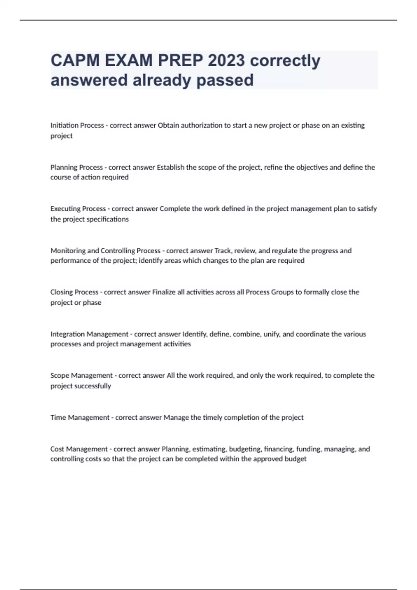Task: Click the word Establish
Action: click(x=171, y=167)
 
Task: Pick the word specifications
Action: click(x=108, y=219)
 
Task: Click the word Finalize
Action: click(x=164, y=292)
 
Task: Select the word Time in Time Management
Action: click(x=58, y=417)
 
